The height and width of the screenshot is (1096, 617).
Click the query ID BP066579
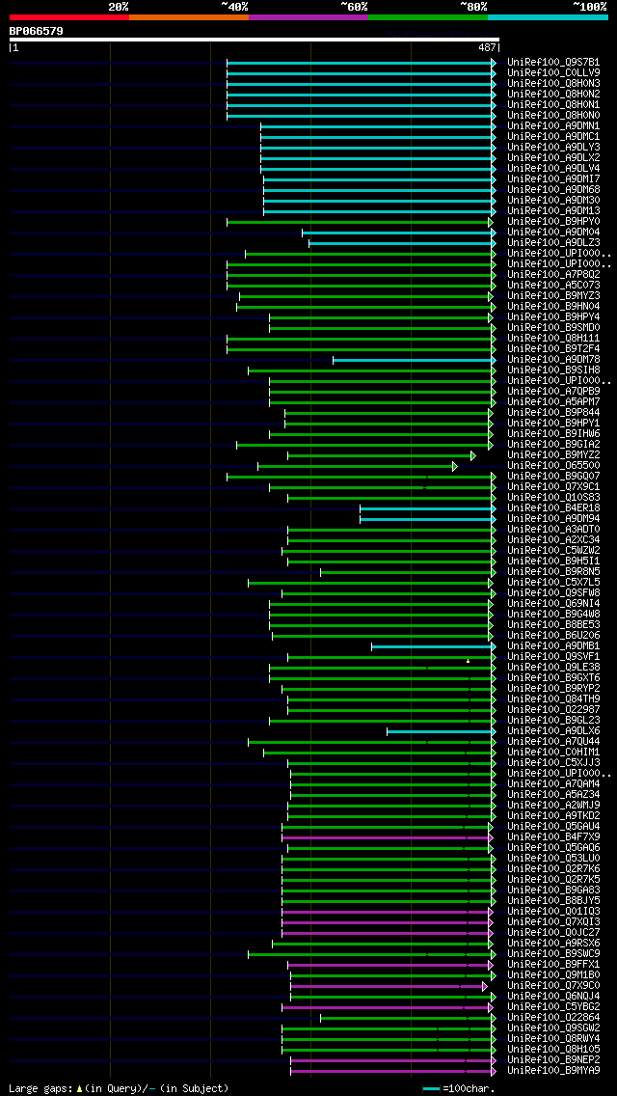coord(37,31)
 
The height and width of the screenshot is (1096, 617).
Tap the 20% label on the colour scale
coord(119,7)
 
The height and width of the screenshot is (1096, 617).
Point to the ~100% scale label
coord(589,7)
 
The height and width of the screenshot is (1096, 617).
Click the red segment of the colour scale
coord(68,16)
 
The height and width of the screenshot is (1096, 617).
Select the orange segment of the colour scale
coord(188,16)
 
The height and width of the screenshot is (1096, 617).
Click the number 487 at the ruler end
coord(487,47)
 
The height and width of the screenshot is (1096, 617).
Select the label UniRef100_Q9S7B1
coord(553,62)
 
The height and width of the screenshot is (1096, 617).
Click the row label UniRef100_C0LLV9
coord(553,72)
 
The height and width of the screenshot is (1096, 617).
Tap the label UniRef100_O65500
coord(553,466)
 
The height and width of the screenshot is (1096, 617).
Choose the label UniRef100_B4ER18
coord(553,508)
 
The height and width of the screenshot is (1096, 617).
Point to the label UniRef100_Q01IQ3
coord(553,912)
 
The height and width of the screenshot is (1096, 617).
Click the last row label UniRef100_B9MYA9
coord(553,1071)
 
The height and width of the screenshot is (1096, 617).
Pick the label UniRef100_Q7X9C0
coord(553,986)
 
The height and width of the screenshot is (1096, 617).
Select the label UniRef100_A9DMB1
coord(553,646)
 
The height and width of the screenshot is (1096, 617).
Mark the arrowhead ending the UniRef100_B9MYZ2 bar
coord(472,455)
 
